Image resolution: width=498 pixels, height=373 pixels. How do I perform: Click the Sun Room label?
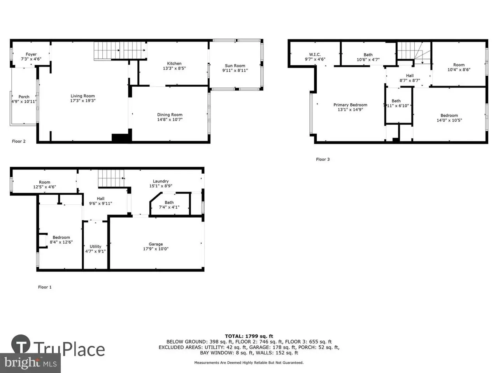pos(235,66)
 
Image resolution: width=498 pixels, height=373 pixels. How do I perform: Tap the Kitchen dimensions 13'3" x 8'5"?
pos(174,68)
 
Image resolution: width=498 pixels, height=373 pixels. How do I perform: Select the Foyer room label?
pos(31,54)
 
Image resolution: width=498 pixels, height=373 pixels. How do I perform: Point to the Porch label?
pos(24,97)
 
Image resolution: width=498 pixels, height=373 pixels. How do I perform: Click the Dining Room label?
pos(170,115)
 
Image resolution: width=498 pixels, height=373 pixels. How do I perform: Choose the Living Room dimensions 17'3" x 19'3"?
pos(83,101)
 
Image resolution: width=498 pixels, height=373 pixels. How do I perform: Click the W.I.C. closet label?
pos(315,54)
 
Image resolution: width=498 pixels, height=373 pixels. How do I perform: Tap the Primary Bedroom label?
pos(350,105)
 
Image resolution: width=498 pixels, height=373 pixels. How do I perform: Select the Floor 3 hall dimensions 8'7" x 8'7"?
pos(410,80)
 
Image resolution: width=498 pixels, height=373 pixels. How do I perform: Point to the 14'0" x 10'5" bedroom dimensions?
pos(449,120)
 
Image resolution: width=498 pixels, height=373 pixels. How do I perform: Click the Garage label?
pos(156,244)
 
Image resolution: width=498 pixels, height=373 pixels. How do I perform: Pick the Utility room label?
pos(95,246)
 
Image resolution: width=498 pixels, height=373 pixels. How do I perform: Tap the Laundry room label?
pos(161,181)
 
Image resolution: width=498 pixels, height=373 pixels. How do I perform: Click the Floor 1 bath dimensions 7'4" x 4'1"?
pos(169,207)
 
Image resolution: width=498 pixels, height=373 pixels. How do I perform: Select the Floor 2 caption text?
pos(19,141)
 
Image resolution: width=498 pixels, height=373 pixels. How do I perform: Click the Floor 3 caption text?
pos(323,159)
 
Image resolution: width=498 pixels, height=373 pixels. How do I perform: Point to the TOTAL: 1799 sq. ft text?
pos(249,336)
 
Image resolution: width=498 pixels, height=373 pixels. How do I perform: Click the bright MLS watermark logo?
pos(30,363)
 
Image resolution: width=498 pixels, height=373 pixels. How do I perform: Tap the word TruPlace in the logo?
pos(69,349)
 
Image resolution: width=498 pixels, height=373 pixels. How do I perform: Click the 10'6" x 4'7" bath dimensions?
pos(368,59)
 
